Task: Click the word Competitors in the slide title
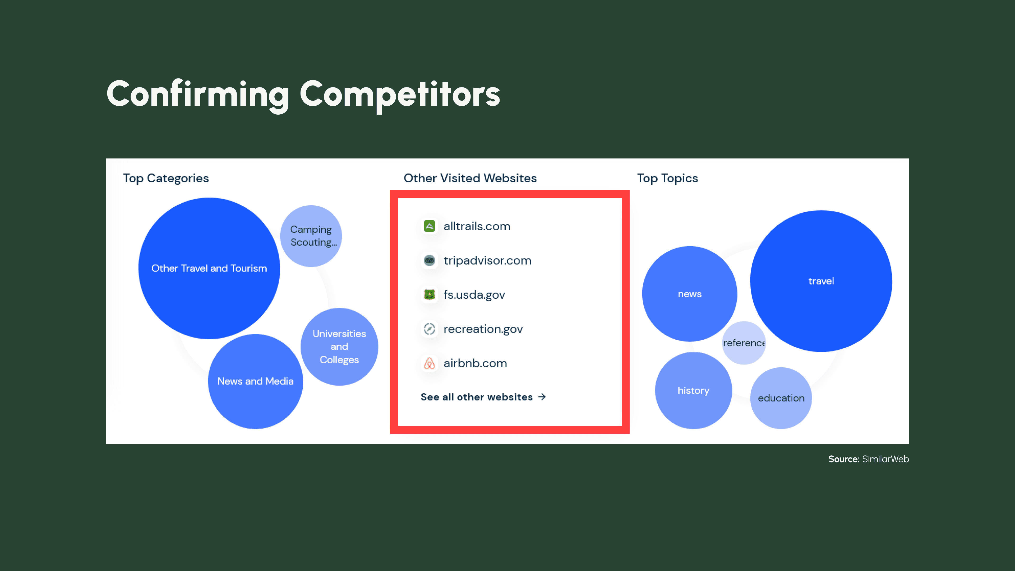tap(400, 95)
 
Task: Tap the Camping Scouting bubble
tap(311, 236)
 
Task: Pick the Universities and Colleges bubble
tap(339, 347)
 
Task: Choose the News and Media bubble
tap(255, 381)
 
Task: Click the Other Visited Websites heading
tap(470, 178)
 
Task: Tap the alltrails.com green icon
tap(430, 226)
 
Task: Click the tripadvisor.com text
tap(487, 260)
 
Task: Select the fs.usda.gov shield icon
tap(430, 294)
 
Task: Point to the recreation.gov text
tap(483, 329)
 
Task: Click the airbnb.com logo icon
tap(430, 363)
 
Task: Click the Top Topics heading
tap(667, 178)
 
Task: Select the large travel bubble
tap(821, 281)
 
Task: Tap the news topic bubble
tap(690, 294)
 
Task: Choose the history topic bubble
tap(694, 390)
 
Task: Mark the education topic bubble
tap(781, 398)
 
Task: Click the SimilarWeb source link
tap(885, 459)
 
